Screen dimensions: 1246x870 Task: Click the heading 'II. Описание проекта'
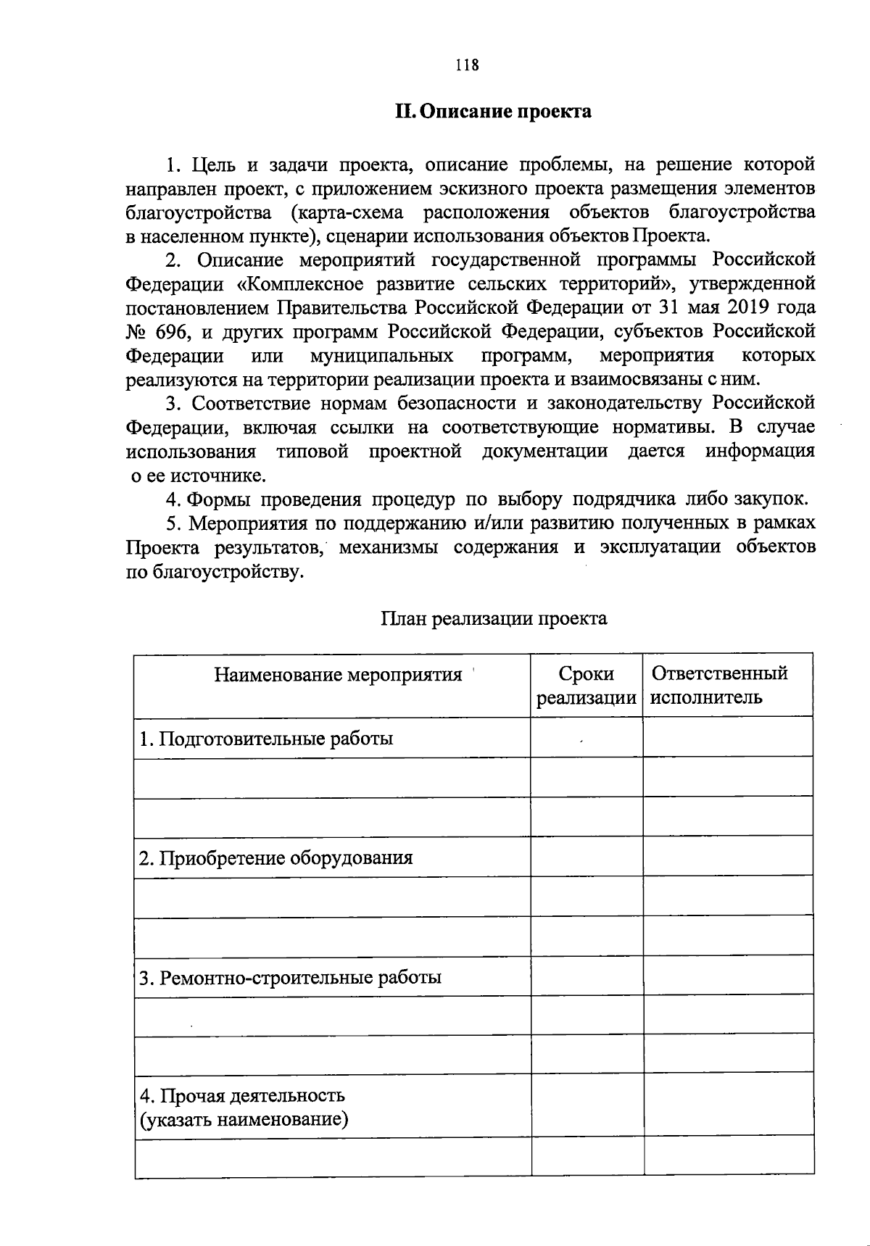492,112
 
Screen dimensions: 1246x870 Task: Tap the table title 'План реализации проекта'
493,618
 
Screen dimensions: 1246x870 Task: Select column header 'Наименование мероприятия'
338,675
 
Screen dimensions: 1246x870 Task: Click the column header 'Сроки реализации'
586,685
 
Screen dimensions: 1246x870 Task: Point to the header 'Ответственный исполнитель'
718,685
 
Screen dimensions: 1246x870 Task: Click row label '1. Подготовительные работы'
266,739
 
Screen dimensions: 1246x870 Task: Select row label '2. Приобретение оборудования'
275,858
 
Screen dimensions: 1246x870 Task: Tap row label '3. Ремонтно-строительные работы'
290,978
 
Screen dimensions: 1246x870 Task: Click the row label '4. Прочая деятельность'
242,1095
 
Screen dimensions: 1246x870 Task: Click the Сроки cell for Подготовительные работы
586,739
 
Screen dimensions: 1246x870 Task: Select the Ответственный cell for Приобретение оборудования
727,858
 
